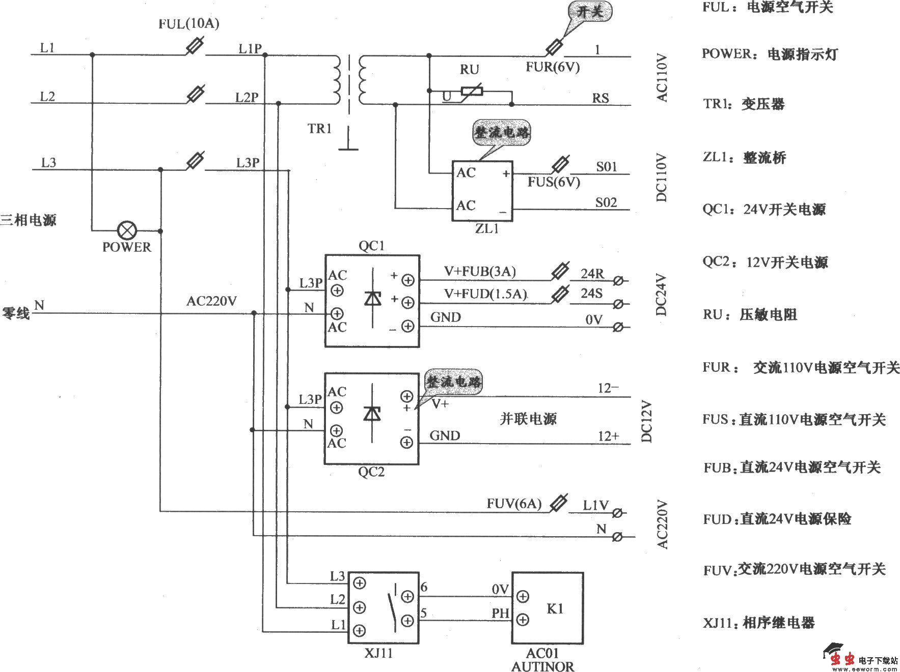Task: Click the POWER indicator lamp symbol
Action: (x=127, y=230)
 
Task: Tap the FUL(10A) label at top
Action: (x=188, y=23)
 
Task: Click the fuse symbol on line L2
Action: (x=196, y=94)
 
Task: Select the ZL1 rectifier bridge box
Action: (x=482, y=191)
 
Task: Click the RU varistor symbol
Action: (x=472, y=92)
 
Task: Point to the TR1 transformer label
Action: (x=319, y=128)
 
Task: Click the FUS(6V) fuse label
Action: (x=553, y=182)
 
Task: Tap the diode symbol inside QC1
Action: (x=373, y=298)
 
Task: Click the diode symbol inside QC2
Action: (x=372, y=414)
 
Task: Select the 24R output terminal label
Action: (x=592, y=274)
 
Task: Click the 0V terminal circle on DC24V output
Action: (x=618, y=327)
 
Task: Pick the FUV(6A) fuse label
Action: (x=513, y=504)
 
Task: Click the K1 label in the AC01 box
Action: (x=555, y=608)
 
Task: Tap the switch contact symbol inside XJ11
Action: (x=392, y=608)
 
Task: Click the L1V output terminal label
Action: (x=595, y=505)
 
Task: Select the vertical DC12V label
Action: (x=646, y=421)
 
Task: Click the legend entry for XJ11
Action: (x=758, y=622)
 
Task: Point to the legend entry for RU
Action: (x=750, y=314)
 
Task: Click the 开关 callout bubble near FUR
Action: (x=590, y=11)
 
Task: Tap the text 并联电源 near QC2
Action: (x=528, y=419)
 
